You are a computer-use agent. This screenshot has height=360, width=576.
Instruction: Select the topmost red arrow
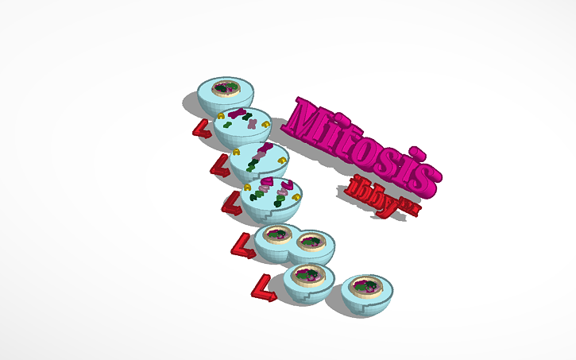(202, 130)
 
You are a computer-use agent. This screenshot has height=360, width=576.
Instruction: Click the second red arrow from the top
(219, 167)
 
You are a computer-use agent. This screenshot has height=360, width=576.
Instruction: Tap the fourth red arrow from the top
(242, 246)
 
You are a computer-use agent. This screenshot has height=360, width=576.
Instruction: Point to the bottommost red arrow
(263, 288)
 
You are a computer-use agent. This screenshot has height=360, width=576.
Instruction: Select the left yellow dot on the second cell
(220, 116)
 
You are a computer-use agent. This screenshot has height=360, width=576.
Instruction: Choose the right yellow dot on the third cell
(282, 161)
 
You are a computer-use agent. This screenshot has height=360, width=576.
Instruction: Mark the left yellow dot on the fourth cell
(248, 188)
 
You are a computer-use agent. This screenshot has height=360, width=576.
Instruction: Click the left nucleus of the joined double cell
(277, 234)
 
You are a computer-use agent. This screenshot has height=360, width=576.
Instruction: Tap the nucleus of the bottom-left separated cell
(307, 274)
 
